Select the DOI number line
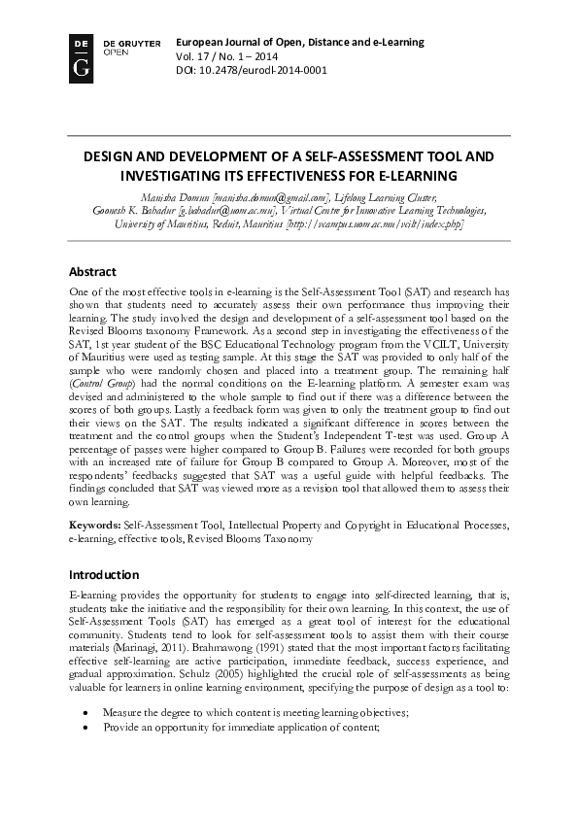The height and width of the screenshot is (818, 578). (252, 71)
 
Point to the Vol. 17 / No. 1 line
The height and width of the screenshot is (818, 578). (226, 56)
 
